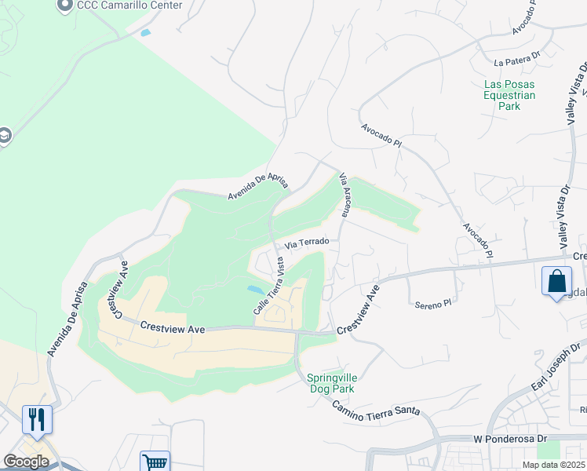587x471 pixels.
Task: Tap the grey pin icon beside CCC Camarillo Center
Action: coord(66,5)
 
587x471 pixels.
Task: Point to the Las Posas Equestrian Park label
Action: coord(509,94)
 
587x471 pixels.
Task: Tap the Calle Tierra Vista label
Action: coord(268,288)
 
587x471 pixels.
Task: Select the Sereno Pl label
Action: coord(433,303)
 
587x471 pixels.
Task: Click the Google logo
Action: coord(26,461)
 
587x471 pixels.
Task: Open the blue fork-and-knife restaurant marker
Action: coord(37,420)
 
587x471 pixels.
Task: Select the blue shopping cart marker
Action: coord(155,462)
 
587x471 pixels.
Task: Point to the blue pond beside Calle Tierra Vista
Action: coord(256,290)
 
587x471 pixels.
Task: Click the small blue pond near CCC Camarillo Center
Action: coord(145,33)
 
